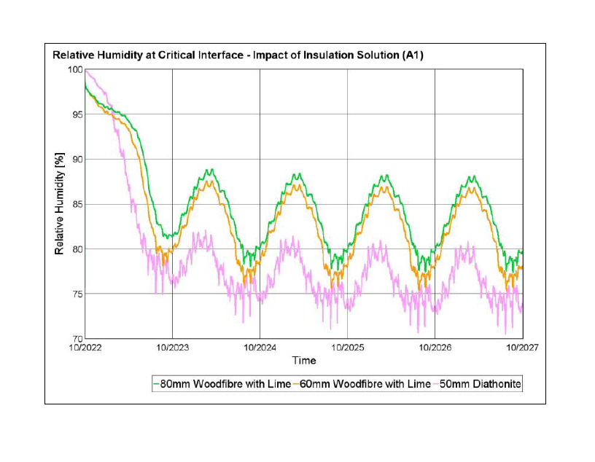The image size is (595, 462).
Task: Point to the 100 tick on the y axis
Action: [x=75, y=69]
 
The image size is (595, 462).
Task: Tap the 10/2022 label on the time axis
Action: [x=86, y=348]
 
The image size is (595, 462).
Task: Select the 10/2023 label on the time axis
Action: [x=172, y=348]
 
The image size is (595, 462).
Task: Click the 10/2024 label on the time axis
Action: [x=260, y=348]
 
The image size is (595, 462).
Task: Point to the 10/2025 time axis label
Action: [x=348, y=348]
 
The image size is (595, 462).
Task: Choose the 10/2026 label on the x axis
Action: [x=435, y=348]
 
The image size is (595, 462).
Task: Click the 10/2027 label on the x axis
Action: [x=522, y=348]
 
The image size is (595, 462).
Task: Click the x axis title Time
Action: [x=304, y=361]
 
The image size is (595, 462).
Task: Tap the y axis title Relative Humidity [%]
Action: [x=60, y=204]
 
